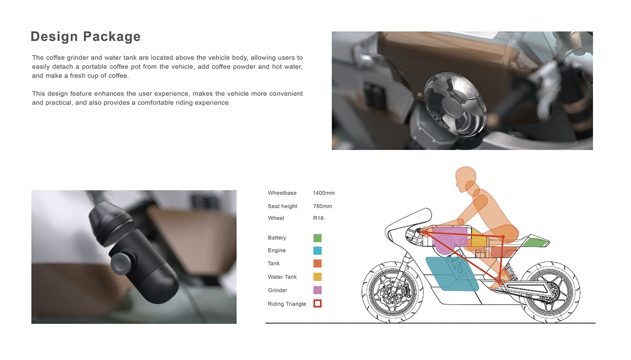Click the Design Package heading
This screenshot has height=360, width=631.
click(86, 36)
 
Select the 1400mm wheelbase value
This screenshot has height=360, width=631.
click(324, 193)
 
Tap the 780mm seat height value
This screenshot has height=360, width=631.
click(322, 206)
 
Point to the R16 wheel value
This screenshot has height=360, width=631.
click(318, 218)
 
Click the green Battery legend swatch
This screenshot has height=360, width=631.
click(317, 238)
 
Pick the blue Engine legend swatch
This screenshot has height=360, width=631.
click(317, 251)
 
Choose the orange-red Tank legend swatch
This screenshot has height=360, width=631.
click(317, 264)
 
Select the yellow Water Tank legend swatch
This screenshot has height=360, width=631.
click(317, 277)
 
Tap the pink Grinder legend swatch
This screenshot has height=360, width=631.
click(317, 290)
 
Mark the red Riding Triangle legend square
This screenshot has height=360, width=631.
click(317, 304)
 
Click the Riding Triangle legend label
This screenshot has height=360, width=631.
click(287, 304)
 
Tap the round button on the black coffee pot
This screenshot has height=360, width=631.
click(121, 262)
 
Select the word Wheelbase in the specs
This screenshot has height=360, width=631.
click(282, 193)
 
